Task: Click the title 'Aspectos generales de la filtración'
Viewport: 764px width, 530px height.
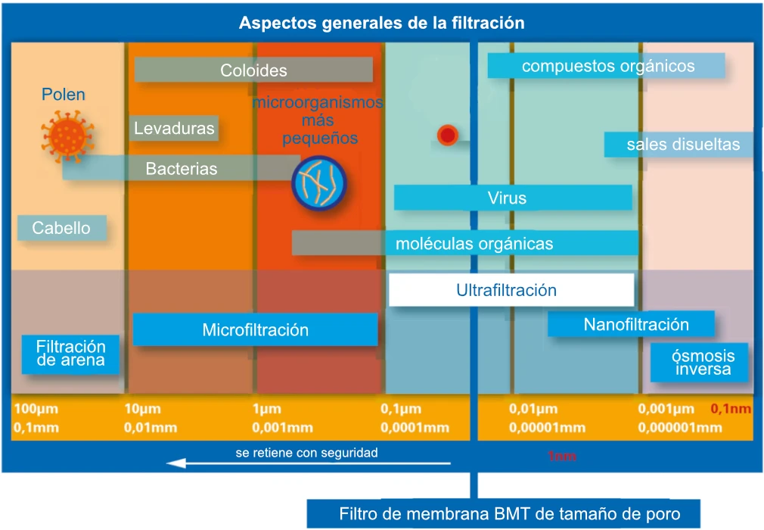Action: (x=381, y=23)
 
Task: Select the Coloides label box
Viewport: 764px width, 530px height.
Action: (x=253, y=70)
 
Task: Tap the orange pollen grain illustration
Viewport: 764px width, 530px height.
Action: (x=67, y=136)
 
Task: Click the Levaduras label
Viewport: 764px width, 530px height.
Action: (x=174, y=128)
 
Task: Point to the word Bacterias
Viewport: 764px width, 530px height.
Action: (x=182, y=169)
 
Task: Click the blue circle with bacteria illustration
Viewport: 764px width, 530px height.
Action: (x=319, y=182)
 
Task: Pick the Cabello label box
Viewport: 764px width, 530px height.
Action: (x=62, y=228)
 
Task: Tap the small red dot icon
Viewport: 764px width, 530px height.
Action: (x=447, y=135)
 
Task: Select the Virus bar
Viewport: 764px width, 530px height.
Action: (x=513, y=198)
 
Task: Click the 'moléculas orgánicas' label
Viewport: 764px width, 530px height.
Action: (x=474, y=243)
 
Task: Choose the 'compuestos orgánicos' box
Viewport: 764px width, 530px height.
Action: (x=606, y=65)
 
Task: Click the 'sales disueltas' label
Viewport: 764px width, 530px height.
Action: (x=683, y=145)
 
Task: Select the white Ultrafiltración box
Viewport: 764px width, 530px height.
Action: (x=511, y=290)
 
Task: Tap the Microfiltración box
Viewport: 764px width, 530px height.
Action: (x=256, y=329)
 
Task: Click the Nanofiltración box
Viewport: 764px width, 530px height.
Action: (x=631, y=324)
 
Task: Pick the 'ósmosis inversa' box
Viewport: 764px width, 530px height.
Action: (x=699, y=362)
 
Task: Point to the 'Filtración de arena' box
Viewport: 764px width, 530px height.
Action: (x=70, y=354)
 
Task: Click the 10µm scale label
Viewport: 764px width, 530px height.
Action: (x=142, y=409)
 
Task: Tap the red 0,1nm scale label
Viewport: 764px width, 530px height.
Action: (x=731, y=409)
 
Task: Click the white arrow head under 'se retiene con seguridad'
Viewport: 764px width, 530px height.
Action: (x=176, y=463)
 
